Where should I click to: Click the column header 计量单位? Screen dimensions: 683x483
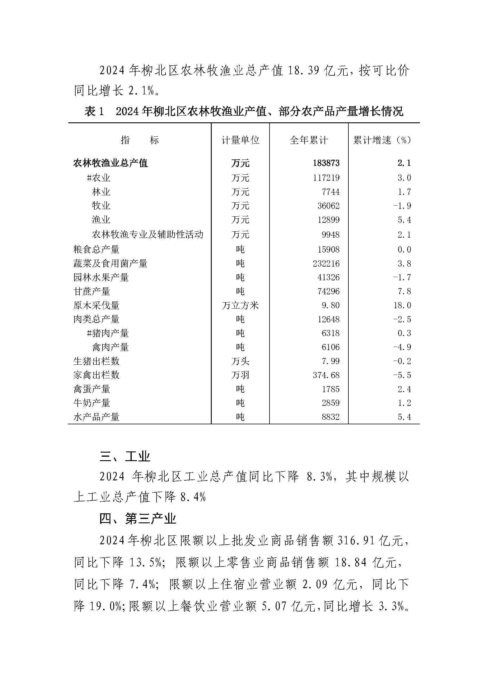240,140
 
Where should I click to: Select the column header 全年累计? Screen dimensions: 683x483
309,140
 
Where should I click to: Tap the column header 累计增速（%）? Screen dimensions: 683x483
383,140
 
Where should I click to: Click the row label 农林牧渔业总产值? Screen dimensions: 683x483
111,163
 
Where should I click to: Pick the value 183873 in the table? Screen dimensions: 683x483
326,163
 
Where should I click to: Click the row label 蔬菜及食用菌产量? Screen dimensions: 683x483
111,264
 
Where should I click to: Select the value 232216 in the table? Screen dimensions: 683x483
326,264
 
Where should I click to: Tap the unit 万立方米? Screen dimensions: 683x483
240,305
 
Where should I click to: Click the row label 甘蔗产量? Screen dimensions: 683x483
92,291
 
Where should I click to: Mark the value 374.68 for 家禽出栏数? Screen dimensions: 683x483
326,375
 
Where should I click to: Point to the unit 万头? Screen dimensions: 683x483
240,361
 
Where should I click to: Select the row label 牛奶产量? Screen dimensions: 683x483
92,403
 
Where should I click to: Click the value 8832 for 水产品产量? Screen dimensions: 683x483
331,417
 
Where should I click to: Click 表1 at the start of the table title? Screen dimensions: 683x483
94,112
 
